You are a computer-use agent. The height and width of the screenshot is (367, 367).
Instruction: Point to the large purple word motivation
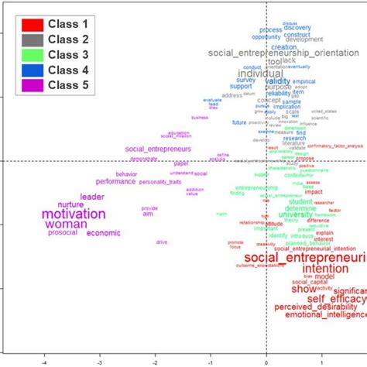[73, 214]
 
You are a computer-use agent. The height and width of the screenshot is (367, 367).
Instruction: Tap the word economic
[103, 233]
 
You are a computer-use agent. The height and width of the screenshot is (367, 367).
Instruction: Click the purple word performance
[115, 181]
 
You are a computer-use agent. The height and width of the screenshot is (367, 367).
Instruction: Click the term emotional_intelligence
[324, 316]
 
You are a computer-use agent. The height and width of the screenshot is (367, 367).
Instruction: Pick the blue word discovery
[297, 28]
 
